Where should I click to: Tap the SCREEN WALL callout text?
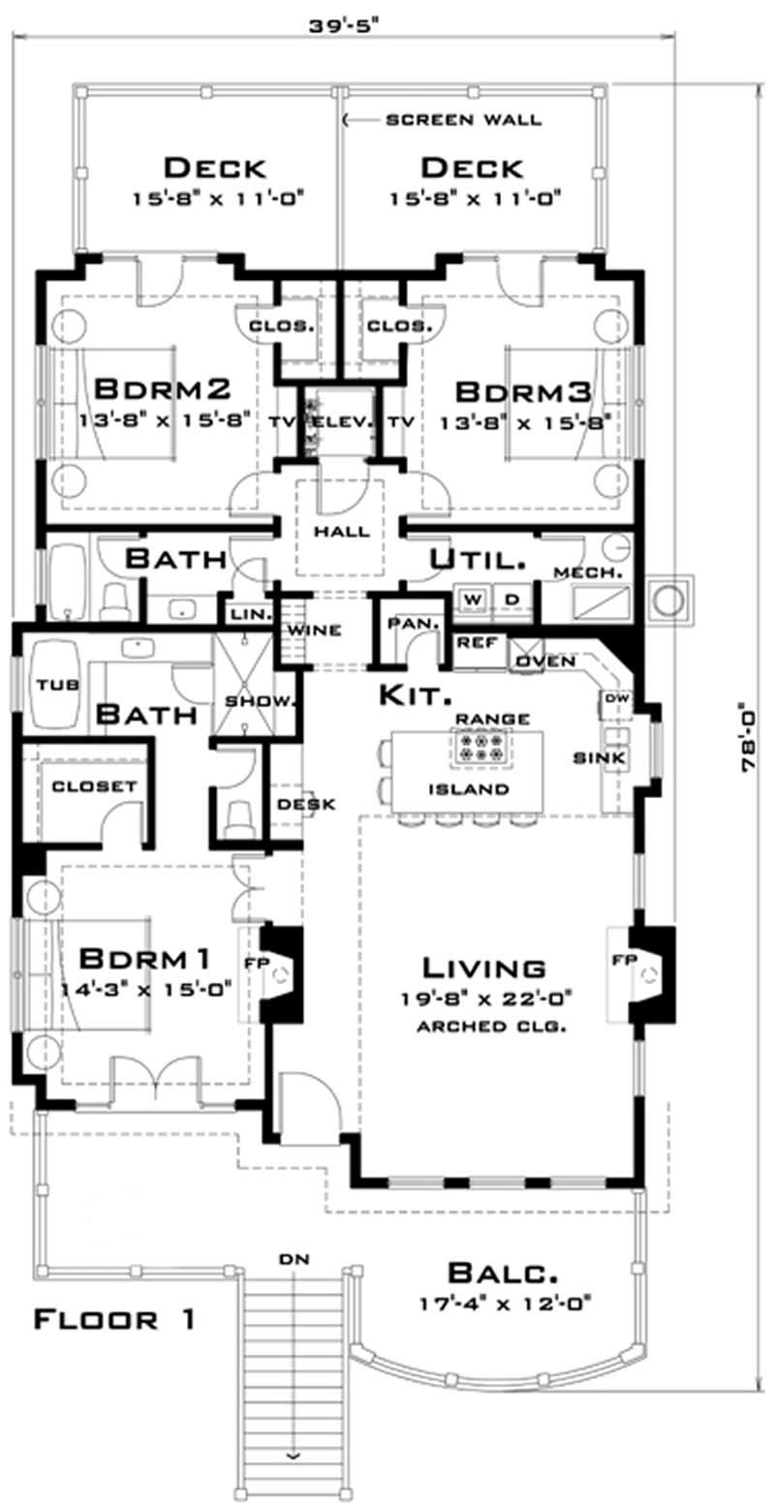point(463,120)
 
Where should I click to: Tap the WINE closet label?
point(313,631)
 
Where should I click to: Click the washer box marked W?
point(474,599)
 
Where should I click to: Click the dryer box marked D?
point(512,599)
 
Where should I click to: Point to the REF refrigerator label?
point(476,641)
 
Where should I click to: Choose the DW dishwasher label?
point(616,698)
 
